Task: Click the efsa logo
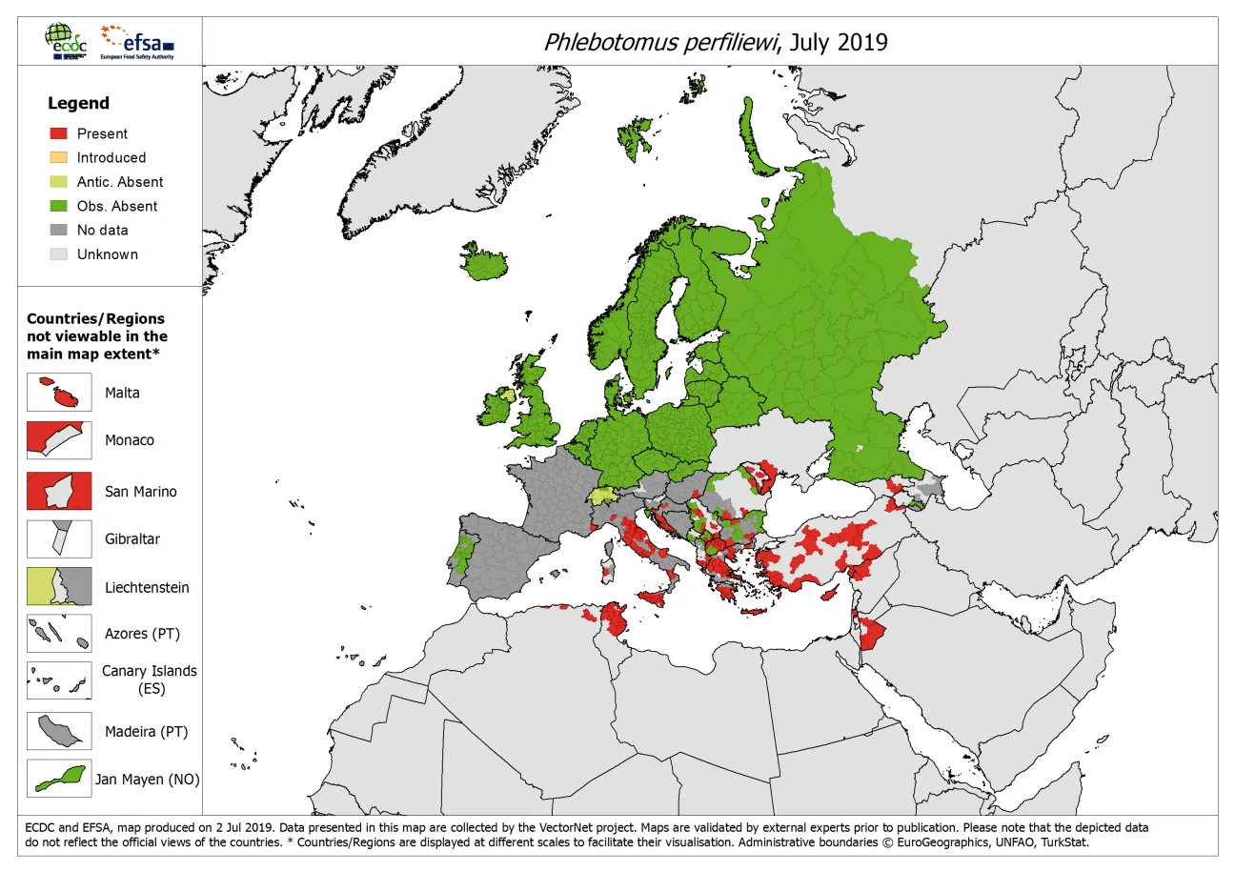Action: point(138,42)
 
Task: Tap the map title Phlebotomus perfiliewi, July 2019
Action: point(715,42)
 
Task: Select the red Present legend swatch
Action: point(58,133)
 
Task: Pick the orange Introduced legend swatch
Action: point(58,157)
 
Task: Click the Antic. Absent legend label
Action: point(120,182)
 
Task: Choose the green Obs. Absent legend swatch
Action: point(58,206)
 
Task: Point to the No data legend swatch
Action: point(58,230)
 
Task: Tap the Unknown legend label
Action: point(108,254)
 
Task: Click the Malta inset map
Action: point(59,393)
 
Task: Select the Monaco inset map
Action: point(59,440)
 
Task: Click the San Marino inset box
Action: point(59,491)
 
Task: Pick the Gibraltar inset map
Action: point(59,538)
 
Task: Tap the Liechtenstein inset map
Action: point(59,587)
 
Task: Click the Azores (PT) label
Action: point(142,634)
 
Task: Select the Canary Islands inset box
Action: point(59,680)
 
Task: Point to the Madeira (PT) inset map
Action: point(59,732)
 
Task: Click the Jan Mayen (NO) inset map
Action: point(59,779)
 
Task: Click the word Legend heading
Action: point(79,103)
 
